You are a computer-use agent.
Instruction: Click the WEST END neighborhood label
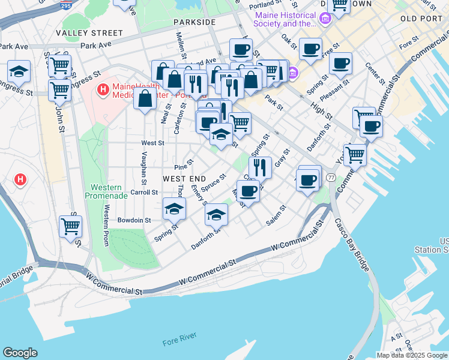tap(184, 179)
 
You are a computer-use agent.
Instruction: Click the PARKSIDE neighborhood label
tap(194, 22)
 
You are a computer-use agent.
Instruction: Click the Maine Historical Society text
tap(285, 19)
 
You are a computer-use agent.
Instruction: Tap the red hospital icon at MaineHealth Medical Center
tap(103, 90)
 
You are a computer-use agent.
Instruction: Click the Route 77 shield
tap(331, 178)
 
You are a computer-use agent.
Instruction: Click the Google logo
tap(20, 352)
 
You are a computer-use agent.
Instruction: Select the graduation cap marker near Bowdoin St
tap(174, 209)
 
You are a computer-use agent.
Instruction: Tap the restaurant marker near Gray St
tap(260, 167)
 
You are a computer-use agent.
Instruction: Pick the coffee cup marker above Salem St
tap(248, 191)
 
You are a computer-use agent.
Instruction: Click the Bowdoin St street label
tap(134, 220)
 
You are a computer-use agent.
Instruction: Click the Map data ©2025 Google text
tap(411, 355)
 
